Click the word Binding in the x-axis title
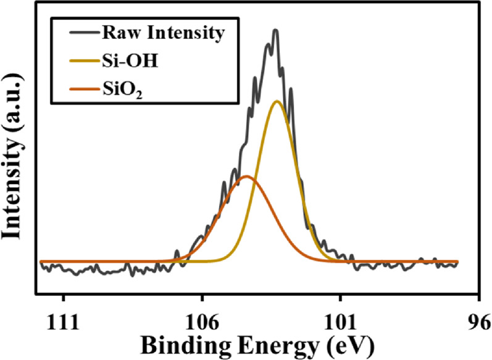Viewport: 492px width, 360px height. [x=175, y=344]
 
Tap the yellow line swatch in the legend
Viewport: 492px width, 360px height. [x=70, y=61]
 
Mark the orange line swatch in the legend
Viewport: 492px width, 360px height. [x=70, y=90]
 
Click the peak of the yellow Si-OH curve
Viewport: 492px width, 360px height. [x=277, y=101]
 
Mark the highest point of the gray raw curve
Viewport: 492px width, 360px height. [x=275, y=30]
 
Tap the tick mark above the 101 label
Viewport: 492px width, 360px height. [x=340, y=302]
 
